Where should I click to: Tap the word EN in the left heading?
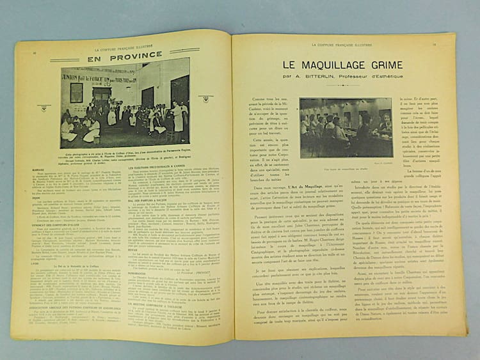tap(94, 58)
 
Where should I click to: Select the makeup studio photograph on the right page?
tap(346, 128)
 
